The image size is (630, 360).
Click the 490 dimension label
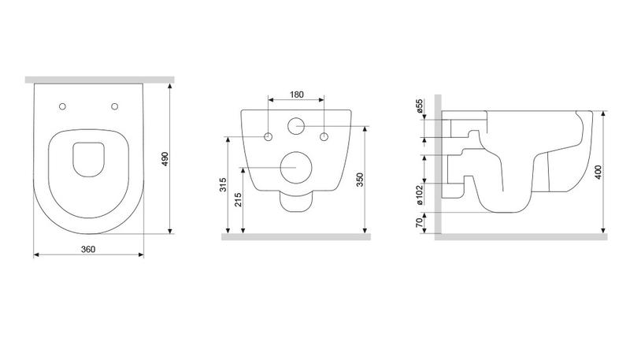pyautogui.click(x=165, y=159)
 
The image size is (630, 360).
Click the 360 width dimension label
pyautogui.click(x=88, y=249)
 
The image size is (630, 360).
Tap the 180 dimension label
pyautogui.click(x=297, y=95)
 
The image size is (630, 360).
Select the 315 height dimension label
pyautogui.click(x=224, y=184)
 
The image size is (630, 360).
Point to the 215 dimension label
pyautogui.click(x=238, y=199)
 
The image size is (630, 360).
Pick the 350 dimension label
pyautogui.click(x=360, y=180)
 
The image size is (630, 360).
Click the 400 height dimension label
pyautogui.click(x=598, y=172)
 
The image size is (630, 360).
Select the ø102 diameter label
pyautogui.click(x=420, y=195)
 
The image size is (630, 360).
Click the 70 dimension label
pyautogui.click(x=420, y=222)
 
